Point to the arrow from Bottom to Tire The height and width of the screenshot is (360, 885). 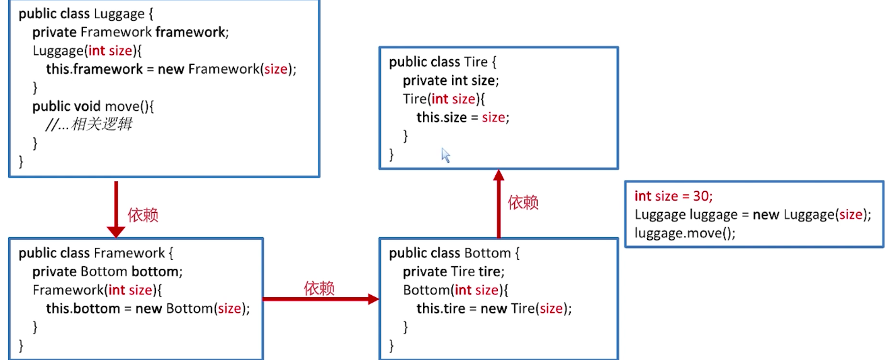(x=499, y=204)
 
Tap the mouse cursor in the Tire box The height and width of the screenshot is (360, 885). (x=446, y=155)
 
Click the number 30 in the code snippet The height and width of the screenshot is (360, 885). (x=702, y=196)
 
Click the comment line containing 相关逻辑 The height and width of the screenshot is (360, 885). (x=89, y=125)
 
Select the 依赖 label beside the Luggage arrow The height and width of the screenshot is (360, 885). (x=143, y=215)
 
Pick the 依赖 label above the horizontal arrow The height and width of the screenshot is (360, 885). (x=319, y=288)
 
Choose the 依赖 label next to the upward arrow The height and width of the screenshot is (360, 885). (x=523, y=203)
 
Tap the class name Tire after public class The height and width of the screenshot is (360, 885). (x=475, y=62)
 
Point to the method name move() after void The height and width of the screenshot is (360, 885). (x=129, y=106)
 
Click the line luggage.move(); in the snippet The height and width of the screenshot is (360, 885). (x=685, y=233)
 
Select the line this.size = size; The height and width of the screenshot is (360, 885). (x=463, y=117)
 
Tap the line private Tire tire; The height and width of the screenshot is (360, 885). (x=454, y=272)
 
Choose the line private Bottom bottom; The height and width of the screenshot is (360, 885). (x=107, y=272)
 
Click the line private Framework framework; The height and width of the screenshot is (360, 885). (x=130, y=32)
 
